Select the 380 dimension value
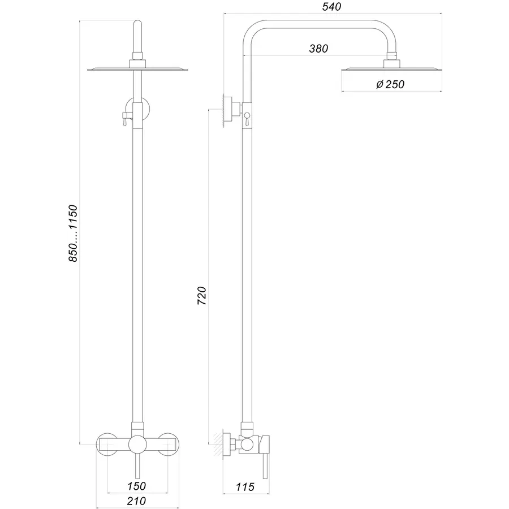(x=318, y=49)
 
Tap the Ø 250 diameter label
(x=390, y=85)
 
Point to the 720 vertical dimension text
(x=202, y=296)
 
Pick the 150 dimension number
(x=136, y=486)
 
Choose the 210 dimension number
(x=136, y=501)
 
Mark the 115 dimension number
(x=244, y=486)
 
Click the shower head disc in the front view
(x=136, y=70)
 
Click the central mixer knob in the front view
(x=136, y=445)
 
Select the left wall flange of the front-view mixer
(x=107, y=445)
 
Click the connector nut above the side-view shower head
(x=391, y=58)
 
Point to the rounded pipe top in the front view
(x=136, y=25)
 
